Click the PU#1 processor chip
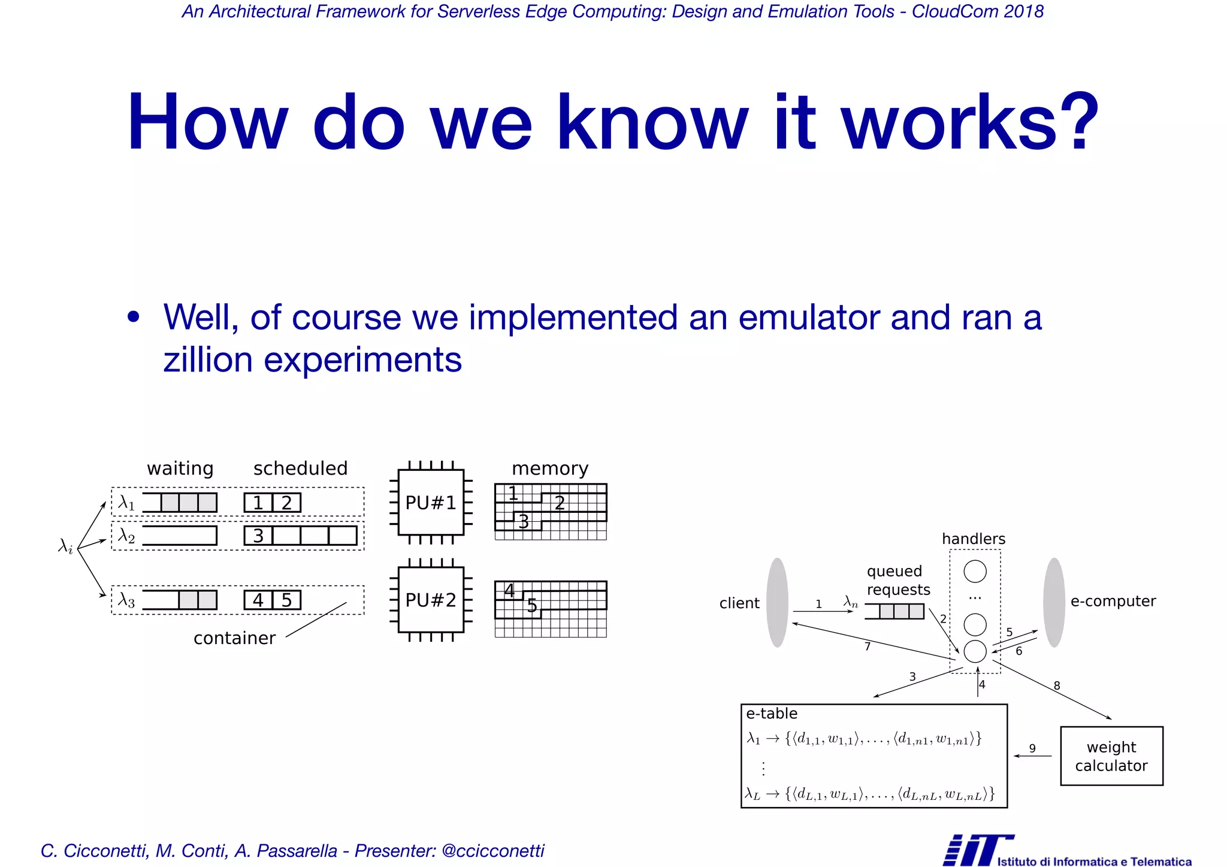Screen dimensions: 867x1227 430,502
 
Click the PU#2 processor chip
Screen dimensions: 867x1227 430,600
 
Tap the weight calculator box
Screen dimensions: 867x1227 1111,756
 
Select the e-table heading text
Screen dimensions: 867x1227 772,714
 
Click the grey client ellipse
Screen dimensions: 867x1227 777,602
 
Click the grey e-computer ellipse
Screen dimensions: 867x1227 1054,602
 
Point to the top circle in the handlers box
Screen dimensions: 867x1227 975,571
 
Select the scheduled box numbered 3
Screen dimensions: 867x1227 258,536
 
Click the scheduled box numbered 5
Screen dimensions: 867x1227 286,600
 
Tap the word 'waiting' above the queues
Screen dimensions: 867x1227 180,469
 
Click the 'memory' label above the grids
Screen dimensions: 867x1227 550,469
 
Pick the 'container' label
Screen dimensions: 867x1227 234,638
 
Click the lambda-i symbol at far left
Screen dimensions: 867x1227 65,546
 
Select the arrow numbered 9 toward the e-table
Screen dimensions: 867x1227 1032,756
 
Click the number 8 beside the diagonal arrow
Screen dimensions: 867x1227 1057,685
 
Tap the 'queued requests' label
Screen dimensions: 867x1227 897,580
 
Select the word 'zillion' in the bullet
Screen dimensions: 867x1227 208,360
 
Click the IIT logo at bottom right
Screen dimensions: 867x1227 978,850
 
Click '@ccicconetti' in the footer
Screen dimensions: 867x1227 492,851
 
